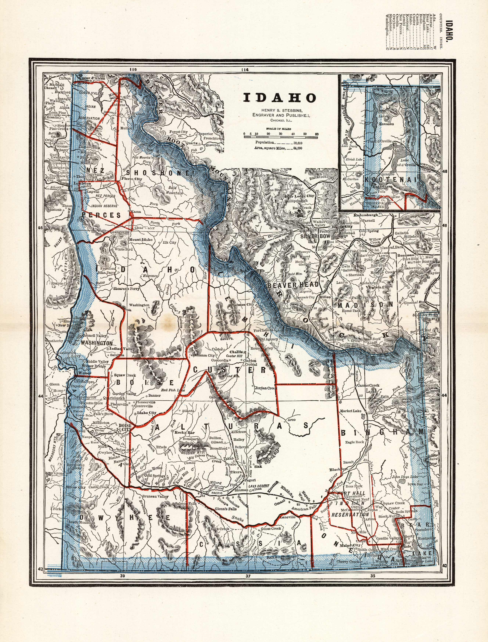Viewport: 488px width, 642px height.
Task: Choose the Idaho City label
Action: pyautogui.click(x=146, y=412)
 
